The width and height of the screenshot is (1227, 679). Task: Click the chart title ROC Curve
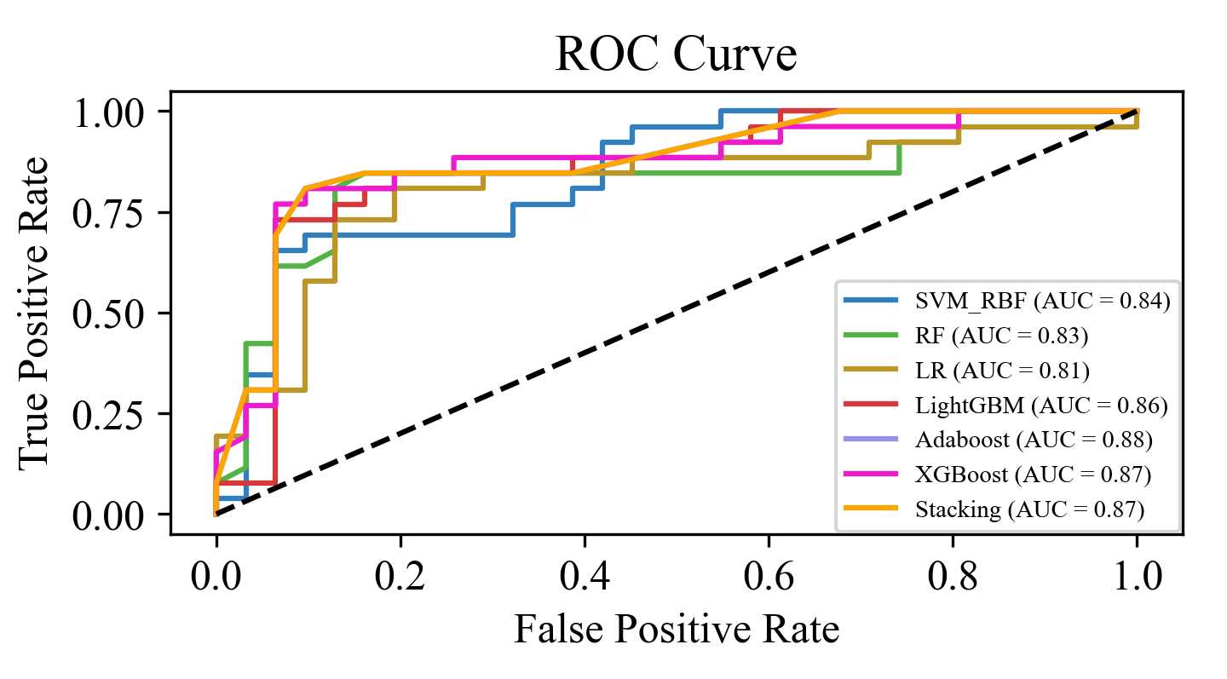point(676,56)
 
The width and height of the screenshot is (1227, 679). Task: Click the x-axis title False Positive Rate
point(676,630)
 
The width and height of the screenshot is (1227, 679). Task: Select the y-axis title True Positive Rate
point(35,313)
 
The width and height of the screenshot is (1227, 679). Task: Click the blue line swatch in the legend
point(870,301)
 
